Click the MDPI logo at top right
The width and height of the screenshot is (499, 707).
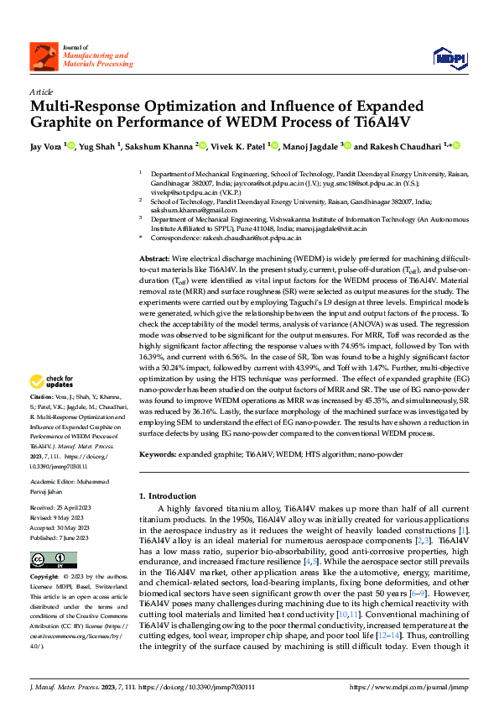pos(445,56)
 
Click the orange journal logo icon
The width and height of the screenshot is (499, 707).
pos(43,55)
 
